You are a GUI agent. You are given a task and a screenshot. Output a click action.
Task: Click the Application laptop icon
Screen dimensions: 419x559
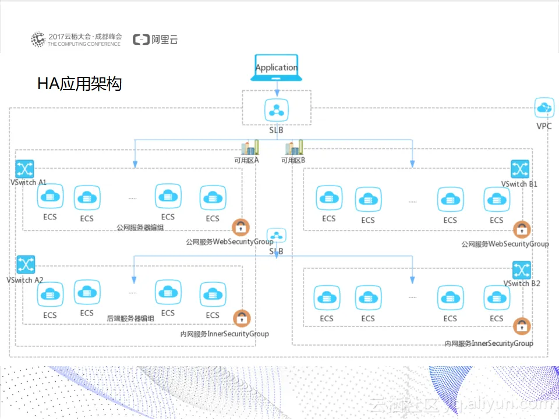point(276,68)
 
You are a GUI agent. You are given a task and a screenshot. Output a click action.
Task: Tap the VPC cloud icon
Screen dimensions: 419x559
point(544,107)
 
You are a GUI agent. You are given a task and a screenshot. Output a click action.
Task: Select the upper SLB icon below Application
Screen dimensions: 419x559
point(276,109)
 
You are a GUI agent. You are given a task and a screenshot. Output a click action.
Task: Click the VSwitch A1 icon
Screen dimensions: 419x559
point(25,169)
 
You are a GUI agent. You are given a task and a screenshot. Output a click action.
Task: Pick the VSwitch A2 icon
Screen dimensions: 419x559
point(25,265)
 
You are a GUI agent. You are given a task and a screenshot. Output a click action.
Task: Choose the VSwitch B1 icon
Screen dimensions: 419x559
point(519,169)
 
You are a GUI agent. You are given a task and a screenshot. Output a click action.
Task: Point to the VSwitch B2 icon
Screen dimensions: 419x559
point(521,270)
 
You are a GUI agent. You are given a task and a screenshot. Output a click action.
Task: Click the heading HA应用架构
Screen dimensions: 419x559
point(79,84)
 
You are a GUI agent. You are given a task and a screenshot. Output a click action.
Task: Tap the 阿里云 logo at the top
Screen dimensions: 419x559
point(155,40)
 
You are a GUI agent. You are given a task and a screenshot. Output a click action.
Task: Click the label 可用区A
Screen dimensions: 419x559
point(246,160)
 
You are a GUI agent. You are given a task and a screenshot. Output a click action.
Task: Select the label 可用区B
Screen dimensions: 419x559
point(293,160)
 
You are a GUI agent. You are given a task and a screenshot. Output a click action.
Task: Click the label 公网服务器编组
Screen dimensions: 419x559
point(140,228)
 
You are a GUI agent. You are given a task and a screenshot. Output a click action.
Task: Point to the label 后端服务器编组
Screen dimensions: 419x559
point(130,319)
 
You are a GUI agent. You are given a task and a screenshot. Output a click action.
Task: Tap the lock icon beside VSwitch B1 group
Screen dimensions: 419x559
point(521,229)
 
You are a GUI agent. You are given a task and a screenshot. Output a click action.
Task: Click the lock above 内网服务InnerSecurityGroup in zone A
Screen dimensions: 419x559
point(242,318)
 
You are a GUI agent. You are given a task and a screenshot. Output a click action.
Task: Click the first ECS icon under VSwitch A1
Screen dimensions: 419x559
point(49,197)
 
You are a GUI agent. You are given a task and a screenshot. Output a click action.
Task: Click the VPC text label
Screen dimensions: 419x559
point(544,126)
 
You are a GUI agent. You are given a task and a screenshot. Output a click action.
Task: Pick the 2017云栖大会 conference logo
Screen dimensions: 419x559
point(77,40)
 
